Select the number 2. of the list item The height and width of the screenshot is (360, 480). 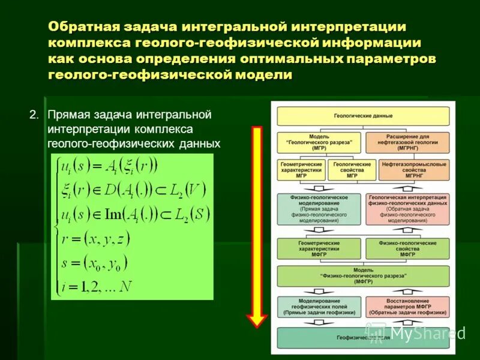click(x=34, y=114)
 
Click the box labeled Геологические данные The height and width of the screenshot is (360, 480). click(x=362, y=116)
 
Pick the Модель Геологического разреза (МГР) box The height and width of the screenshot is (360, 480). click(x=319, y=142)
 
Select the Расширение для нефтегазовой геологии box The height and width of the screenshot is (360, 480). click(x=407, y=142)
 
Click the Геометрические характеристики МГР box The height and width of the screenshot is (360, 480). click(x=301, y=170)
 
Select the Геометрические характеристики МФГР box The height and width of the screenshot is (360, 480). click(x=319, y=248)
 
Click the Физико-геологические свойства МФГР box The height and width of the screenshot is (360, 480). click(x=407, y=248)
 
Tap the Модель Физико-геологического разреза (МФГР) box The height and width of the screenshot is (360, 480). click(x=362, y=276)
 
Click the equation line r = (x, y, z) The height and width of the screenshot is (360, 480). click(x=96, y=241)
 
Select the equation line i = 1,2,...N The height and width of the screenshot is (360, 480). click(x=96, y=286)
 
